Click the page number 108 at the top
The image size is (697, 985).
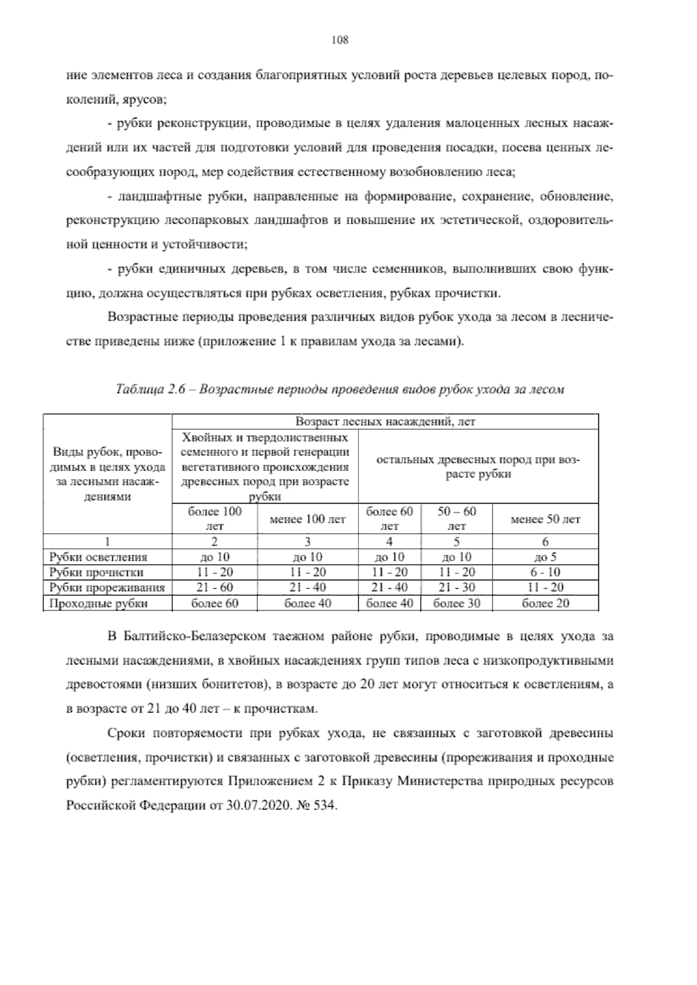[339, 40]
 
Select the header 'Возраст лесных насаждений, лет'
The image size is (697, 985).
[385, 422]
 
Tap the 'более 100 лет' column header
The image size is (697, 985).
[214, 519]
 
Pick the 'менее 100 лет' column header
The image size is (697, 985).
[308, 519]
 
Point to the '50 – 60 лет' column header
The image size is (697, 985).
[457, 519]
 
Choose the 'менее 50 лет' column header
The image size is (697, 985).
[545, 519]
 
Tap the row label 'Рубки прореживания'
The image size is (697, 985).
[107, 588]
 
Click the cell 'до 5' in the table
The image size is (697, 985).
[545, 558]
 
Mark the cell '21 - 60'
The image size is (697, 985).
[214, 588]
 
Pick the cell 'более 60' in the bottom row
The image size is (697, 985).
[214, 603]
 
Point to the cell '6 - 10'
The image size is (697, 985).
[545, 573]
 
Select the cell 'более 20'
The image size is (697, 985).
[545, 603]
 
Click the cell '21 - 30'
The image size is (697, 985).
[457, 588]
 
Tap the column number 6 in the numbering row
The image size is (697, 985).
[545, 542]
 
